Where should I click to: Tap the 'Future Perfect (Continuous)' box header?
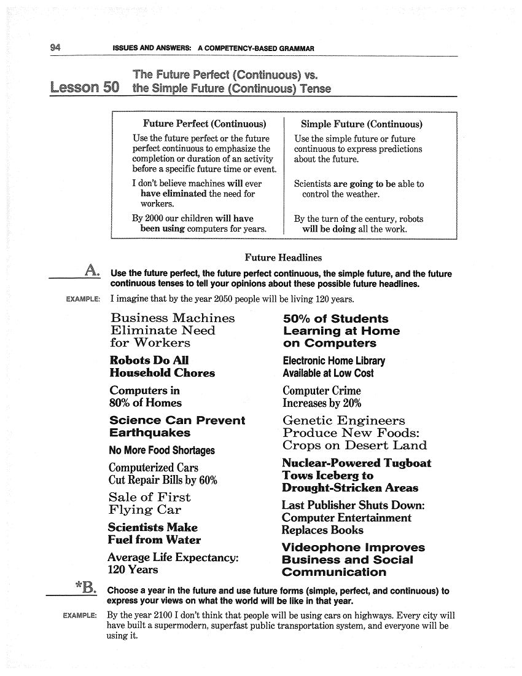[204, 124]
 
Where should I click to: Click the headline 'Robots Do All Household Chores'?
[162, 366]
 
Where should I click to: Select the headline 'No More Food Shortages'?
[162, 450]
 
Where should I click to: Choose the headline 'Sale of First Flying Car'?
[150, 503]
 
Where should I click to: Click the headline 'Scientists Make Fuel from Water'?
[154, 533]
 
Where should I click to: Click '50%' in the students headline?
[297, 318]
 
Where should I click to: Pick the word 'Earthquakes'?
[150, 433]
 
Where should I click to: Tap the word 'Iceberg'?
[340, 476]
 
